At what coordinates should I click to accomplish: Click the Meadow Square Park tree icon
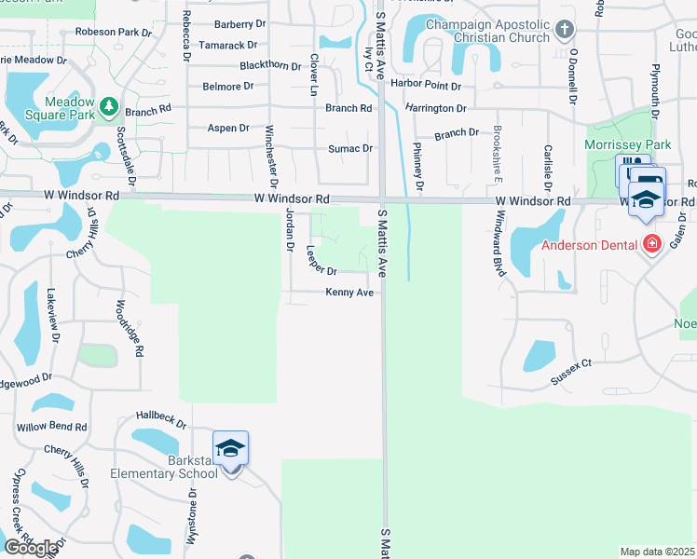click(109, 109)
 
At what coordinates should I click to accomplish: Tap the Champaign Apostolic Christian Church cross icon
click(563, 30)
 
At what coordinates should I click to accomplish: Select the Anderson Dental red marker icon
click(652, 245)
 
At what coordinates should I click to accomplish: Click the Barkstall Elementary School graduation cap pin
click(230, 450)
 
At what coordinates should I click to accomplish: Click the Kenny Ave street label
click(349, 293)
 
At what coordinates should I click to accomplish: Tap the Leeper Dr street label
click(321, 262)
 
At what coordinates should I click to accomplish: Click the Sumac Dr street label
click(350, 148)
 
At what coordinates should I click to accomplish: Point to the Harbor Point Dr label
click(427, 86)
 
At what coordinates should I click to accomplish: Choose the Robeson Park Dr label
click(115, 33)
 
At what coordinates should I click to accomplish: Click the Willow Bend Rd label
click(51, 427)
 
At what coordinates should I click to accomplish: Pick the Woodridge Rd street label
click(130, 329)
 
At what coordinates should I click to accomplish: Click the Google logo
click(30, 548)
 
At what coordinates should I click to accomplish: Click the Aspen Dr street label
click(228, 128)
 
